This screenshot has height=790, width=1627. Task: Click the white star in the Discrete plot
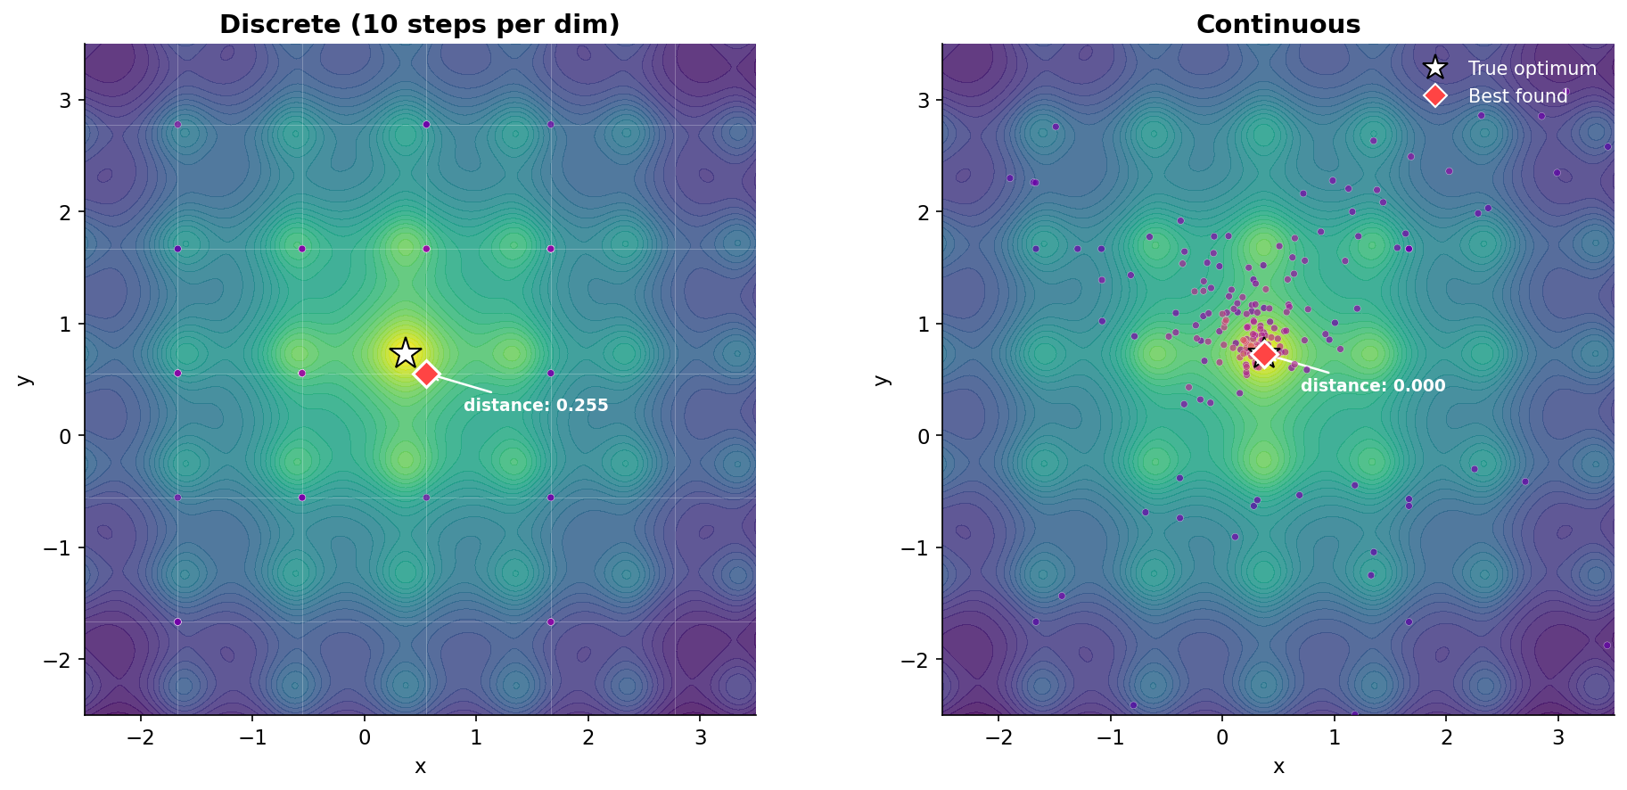[406, 353]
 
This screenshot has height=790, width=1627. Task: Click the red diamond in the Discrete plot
[426, 374]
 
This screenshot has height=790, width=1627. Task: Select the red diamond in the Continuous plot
[1264, 354]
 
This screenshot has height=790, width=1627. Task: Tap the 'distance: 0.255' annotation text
[536, 406]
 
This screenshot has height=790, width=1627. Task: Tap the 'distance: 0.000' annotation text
[1373, 386]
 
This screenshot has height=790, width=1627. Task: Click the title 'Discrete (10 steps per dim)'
[419, 24]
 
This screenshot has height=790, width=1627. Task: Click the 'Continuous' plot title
[1278, 24]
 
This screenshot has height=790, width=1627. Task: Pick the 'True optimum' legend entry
[1532, 69]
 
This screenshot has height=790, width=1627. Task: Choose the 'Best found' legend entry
[1517, 96]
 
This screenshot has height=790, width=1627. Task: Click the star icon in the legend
[1434, 69]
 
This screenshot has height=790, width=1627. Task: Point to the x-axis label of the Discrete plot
[420, 767]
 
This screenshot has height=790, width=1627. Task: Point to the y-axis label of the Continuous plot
[883, 379]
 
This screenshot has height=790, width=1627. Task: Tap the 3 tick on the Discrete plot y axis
[65, 100]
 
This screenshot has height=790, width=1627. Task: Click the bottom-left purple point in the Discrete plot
[177, 621]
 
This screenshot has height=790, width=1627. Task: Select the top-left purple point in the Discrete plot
[177, 125]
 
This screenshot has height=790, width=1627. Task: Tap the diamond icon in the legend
[1434, 96]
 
